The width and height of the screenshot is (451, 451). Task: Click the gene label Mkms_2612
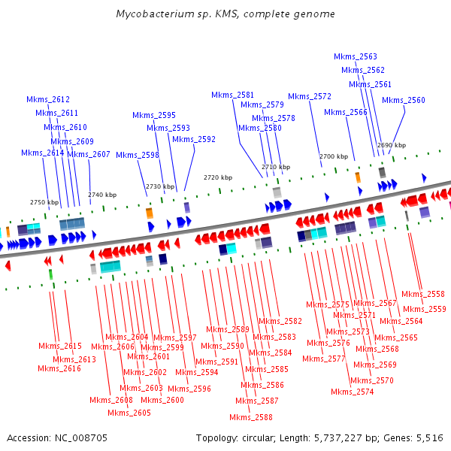tap(48, 99)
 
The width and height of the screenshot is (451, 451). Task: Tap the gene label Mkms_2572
tap(310, 96)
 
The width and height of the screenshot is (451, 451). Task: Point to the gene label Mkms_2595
tap(154, 116)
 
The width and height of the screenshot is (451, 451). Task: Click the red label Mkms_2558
tap(423, 295)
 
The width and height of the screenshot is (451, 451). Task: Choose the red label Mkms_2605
tap(129, 413)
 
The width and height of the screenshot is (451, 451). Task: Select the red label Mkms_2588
tap(251, 418)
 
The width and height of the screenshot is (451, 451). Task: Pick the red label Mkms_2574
tap(353, 392)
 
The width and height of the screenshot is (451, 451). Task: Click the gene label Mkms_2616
tap(59, 368)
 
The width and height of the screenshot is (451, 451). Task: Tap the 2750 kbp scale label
tap(44, 202)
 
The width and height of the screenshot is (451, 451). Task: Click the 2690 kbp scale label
tap(392, 145)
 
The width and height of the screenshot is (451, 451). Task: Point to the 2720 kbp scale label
tap(218, 177)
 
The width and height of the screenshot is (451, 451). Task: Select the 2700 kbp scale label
tap(334, 156)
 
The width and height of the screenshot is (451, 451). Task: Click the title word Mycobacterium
tap(154, 14)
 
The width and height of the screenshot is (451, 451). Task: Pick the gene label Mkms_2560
tap(404, 101)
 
